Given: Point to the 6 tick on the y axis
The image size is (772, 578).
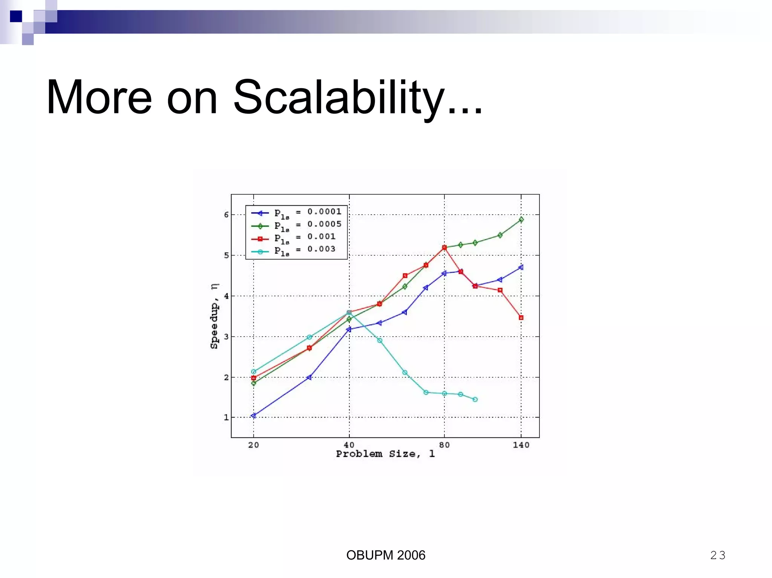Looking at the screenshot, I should (226, 215).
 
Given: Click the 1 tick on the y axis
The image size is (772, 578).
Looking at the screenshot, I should (226, 417).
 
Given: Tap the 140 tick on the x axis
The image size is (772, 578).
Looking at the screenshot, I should (521, 445).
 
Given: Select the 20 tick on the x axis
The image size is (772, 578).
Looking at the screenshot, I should (253, 445).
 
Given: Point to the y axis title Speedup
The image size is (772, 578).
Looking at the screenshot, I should (214, 317).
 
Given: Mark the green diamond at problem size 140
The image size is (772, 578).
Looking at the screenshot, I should (521, 220).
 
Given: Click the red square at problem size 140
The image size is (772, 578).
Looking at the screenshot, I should (521, 318).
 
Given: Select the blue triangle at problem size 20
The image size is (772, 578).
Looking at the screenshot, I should (253, 416).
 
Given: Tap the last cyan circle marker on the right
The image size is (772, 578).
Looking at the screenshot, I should (475, 399).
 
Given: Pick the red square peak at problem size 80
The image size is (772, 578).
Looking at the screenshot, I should (444, 248).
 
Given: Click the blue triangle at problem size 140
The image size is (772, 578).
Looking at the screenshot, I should (521, 267).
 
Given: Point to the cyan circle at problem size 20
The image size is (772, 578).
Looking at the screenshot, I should (253, 372).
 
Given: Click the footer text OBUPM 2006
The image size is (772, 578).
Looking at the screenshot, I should (386, 555).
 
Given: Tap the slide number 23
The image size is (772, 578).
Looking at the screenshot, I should (717, 555).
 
